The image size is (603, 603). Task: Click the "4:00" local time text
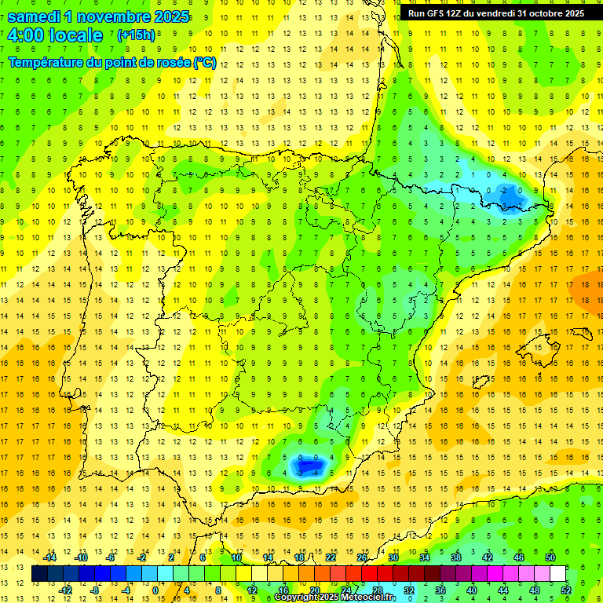[26, 36]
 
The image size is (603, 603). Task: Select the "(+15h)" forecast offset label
[136, 35]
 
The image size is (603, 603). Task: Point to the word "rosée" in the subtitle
[170, 62]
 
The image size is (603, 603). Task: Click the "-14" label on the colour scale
[50, 557]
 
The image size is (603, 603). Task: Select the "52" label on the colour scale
[566, 590]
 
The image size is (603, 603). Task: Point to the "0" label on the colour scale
[155, 590]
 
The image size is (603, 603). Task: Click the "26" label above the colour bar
[363, 557]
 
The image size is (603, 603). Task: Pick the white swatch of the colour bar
[558, 574]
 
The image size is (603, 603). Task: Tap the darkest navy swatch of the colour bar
[39, 574]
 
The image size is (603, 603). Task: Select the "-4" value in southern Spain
[316, 473]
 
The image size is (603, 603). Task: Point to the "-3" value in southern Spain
[301, 473]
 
